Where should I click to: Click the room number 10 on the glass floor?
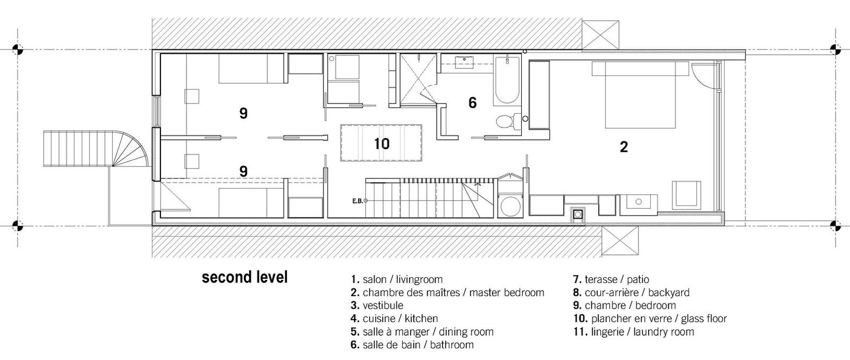point(382,144)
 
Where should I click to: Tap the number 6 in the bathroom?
point(472,102)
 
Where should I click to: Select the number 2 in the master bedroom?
point(624,147)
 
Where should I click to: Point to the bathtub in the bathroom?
point(506,80)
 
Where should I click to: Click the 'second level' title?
point(245,277)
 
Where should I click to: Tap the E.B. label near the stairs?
point(358,201)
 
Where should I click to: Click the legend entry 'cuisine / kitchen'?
point(394,319)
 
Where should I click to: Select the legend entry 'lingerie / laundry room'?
point(634,332)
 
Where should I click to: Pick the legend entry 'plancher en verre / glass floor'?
point(650,319)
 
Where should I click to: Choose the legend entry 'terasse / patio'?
point(611,280)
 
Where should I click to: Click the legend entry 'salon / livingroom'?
point(396,280)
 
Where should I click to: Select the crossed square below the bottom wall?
point(620,241)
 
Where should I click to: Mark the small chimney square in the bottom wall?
point(577,215)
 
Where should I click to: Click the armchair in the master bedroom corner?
point(686,195)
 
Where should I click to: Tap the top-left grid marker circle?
point(18,50)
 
